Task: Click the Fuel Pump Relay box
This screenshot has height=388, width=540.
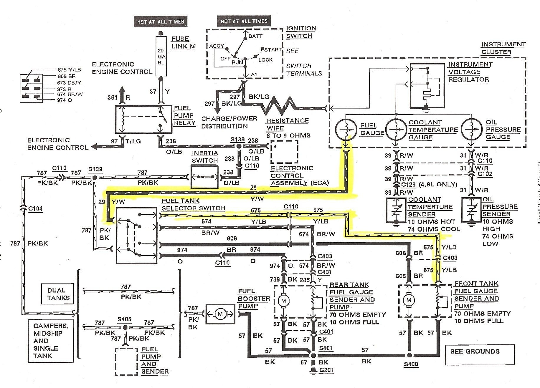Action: [143, 119]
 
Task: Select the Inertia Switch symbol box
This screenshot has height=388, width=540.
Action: [204, 177]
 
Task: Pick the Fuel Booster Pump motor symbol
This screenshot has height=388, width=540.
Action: [220, 314]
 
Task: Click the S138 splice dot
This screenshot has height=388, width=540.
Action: [239, 146]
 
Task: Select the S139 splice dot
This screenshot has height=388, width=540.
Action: [95, 178]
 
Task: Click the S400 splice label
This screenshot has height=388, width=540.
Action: [411, 364]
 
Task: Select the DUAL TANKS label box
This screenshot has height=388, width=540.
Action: [58, 294]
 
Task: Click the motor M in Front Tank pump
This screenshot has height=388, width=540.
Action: [409, 301]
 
